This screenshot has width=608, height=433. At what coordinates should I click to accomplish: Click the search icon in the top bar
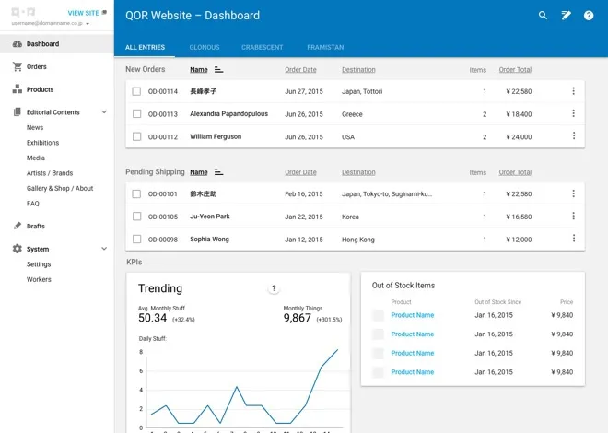coord(543,16)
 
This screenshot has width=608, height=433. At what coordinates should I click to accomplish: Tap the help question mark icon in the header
coord(589,16)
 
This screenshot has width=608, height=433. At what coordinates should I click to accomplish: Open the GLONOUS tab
coord(204,47)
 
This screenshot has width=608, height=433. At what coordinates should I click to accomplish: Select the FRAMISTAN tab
coord(325,47)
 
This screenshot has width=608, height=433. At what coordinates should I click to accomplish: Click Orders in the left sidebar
coord(36,67)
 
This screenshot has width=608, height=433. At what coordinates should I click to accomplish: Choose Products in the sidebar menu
coord(40,89)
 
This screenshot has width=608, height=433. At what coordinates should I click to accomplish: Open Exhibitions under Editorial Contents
coord(42,143)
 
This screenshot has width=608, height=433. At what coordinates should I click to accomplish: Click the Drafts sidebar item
coord(35,226)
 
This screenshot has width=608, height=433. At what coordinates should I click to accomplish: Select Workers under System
coord(39,279)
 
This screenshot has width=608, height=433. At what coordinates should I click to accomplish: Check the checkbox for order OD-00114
coord(136,91)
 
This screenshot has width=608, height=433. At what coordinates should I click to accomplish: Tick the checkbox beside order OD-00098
coord(136,240)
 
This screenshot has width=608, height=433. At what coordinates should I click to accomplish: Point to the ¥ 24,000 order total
coord(519,137)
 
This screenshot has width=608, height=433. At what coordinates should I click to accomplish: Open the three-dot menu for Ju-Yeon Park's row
coord(573,216)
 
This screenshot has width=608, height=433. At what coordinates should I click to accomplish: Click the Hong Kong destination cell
coord(358,240)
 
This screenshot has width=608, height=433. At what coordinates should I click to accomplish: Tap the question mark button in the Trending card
coord(274,288)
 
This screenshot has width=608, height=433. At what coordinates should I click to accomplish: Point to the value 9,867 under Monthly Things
coord(298,318)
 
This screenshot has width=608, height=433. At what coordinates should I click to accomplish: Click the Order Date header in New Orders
coord(300,70)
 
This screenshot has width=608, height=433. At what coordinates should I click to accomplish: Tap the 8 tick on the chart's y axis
coord(140,352)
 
